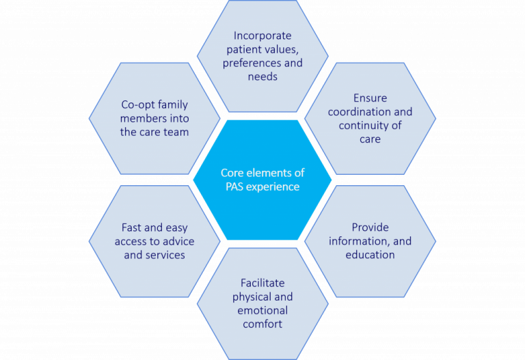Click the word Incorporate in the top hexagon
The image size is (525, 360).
262,35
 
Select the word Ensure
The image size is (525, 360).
370,98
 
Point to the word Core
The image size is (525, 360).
232,173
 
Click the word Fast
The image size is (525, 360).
133,227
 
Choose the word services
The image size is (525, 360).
165,255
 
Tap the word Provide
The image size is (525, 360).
370,227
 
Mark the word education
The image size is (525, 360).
370,254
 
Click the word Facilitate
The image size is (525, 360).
262,282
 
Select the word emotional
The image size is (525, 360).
262,310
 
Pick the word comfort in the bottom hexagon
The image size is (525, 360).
262,324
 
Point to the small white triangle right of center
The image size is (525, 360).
370,180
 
